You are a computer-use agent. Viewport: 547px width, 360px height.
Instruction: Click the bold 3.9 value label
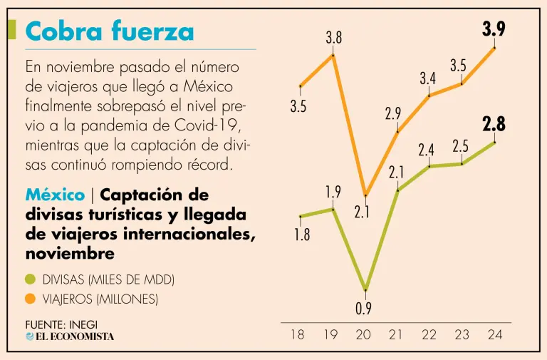coord(494,29)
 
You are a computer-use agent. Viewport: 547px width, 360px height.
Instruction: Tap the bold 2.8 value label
coord(494,124)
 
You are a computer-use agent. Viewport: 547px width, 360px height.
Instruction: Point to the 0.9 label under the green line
coord(365,309)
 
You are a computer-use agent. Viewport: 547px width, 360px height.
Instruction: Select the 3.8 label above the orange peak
coord(333,38)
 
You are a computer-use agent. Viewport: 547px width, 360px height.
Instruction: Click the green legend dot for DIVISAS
coord(30,280)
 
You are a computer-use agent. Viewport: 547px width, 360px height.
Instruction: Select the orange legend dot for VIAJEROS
coord(30,299)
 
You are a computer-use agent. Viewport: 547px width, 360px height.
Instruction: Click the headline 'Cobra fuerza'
coord(109,31)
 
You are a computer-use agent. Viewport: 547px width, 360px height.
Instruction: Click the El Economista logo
coord(70,336)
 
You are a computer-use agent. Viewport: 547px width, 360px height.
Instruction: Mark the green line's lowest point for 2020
coord(365,289)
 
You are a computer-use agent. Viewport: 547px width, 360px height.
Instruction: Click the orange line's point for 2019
coord(333,54)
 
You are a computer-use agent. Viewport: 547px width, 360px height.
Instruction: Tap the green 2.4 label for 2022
coord(427,150)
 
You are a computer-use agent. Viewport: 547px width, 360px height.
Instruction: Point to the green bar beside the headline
coord(12,30)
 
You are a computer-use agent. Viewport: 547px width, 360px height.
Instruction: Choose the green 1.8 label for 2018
coord(302,235)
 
